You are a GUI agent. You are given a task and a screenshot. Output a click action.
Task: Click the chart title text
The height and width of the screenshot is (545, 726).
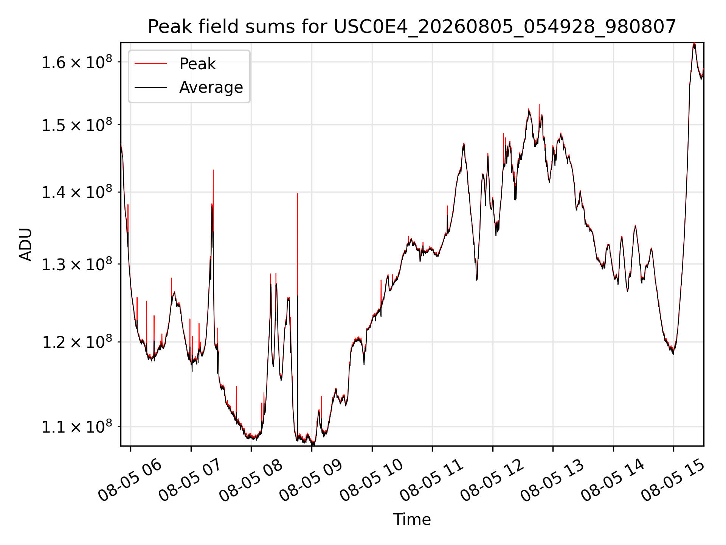pos(412,26)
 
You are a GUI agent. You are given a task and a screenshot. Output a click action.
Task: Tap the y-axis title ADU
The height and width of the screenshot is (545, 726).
pos(26,244)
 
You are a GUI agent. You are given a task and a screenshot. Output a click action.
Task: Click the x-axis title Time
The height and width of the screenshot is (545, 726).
pos(412,519)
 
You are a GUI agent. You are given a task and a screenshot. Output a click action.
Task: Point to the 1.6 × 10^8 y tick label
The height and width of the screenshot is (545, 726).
pos(77,62)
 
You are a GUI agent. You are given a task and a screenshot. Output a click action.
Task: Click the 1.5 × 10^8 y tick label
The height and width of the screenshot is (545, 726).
pos(77,125)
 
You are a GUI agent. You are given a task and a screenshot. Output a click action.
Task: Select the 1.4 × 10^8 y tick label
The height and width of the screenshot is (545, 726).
pos(77,192)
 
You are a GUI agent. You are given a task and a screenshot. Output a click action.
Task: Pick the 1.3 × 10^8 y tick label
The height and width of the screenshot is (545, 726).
pos(77,264)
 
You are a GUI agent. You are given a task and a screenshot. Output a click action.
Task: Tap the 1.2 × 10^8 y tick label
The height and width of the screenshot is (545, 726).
pos(77,342)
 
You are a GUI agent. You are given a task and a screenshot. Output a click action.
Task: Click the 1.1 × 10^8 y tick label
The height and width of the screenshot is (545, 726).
pos(77,427)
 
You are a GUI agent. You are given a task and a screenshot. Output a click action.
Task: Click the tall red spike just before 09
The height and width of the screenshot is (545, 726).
pos(298,194)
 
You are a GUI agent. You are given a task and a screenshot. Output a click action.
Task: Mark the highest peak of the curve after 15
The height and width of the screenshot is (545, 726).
pos(694,44)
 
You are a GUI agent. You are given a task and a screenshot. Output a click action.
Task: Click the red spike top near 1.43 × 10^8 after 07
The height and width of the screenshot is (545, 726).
pos(213,170)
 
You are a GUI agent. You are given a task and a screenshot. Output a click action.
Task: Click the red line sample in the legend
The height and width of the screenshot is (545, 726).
pos(150,64)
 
